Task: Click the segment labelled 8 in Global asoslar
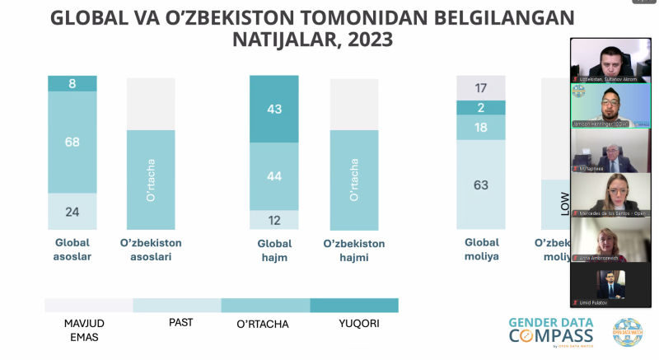click(72, 83)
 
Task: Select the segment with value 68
click(72, 142)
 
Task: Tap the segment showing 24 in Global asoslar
click(72, 212)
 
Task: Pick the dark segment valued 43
click(275, 109)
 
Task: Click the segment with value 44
click(275, 176)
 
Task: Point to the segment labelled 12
click(275, 220)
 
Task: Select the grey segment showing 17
click(481, 87)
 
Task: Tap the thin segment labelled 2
click(481, 107)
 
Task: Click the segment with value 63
click(481, 185)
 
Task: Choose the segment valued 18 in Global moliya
click(481, 127)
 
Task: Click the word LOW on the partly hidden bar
click(564, 203)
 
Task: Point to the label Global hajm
click(275, 250)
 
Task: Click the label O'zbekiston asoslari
click(151, 250)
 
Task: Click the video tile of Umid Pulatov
click(611, 286)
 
